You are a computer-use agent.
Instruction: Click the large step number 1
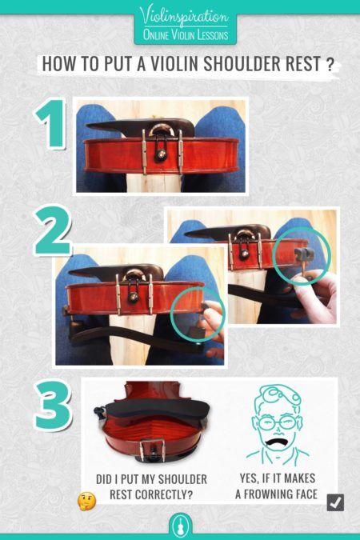(50, 126)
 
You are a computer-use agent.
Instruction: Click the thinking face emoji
(86, 502)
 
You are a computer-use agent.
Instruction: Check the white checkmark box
(335, 502)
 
